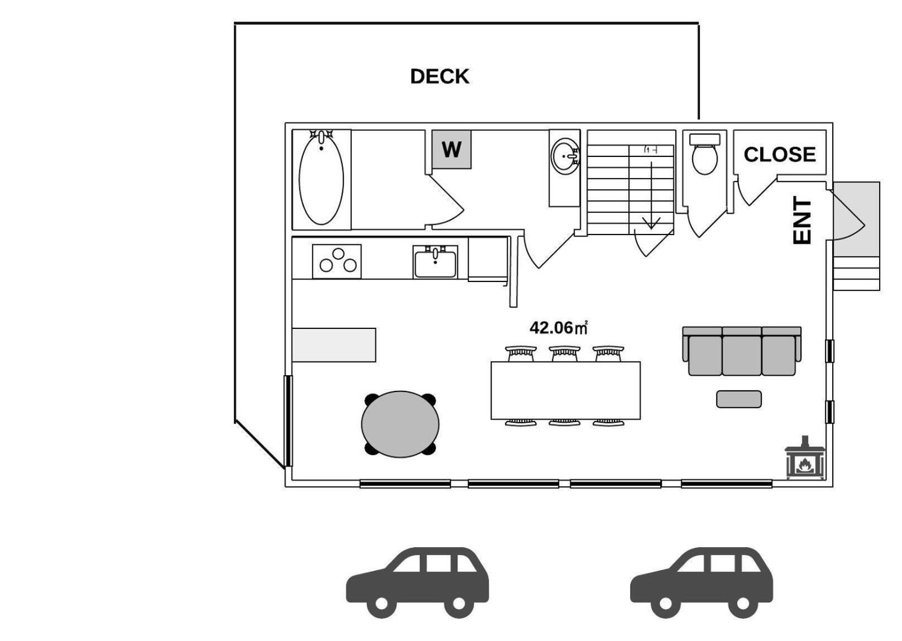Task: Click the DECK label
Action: pos(440,76)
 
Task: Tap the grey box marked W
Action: pos(451,150)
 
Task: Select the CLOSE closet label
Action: pos(780,155)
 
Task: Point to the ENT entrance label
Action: pos(801,220)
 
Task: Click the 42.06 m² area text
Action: pos(559,328)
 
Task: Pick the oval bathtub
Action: pos(321,178)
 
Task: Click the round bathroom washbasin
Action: pos(565,156)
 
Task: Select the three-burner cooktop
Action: pos(337,261)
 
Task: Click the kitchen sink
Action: pos(435,262)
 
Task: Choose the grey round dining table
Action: pos(400,424)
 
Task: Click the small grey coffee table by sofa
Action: pos(739,399)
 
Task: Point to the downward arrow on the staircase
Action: pos(651,195)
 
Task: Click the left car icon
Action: pos(418,582)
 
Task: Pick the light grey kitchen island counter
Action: pos(334,345)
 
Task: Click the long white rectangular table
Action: pos(566,390)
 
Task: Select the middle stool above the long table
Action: pos(565,353)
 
